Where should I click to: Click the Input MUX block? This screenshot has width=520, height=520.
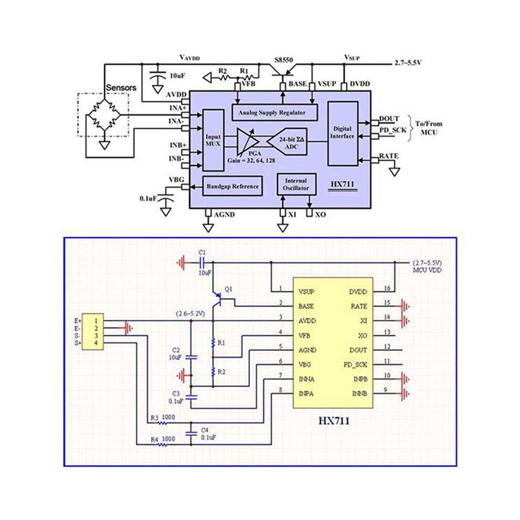point(213,140)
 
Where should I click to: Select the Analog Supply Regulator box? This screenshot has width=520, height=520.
point(274,113)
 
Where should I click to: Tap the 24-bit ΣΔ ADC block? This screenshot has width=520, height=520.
point(287,142)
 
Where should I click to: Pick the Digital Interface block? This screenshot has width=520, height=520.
point(342,133)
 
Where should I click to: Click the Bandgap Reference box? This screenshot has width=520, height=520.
point(233,186)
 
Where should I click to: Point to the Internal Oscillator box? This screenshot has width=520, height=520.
point(296,184)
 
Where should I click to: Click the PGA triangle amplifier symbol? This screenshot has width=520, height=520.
point(247,142)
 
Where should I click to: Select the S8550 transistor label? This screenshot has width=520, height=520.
point(284,60)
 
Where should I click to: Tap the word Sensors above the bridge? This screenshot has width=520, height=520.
point(121,88)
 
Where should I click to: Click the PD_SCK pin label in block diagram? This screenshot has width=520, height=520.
point(393,130)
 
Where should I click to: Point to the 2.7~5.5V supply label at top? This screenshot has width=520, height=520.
point(408,63)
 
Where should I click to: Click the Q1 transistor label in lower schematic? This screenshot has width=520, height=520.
point(228,289)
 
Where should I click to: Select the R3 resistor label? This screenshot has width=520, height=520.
point(154,418)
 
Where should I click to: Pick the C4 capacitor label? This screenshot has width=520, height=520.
point(205,430)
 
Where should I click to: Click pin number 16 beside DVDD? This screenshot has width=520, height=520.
point(387,288)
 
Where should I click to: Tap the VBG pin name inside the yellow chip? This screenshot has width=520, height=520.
point(305,365)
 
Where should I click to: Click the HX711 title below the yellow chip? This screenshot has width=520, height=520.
point(334,421)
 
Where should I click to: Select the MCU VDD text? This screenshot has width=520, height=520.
point(427,271)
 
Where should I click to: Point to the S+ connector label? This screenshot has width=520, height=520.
point(78,343)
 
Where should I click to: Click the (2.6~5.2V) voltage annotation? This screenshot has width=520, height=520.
point(190,314)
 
